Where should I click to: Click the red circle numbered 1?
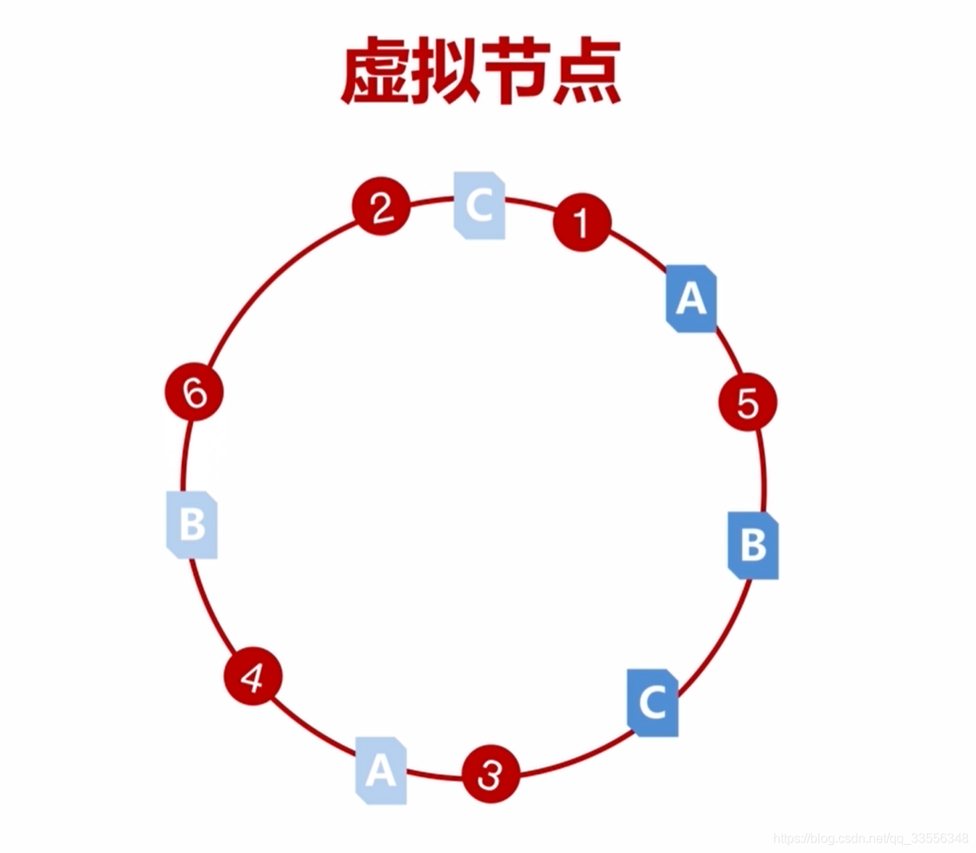tap(582, 222)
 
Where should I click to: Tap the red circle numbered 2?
tap(381, 207)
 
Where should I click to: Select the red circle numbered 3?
tap(490, 774)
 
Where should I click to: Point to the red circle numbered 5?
tap(748, 402)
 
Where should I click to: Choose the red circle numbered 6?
tap(194, 392)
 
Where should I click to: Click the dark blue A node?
tap(691, 298)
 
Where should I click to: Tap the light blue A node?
tap(381, 770)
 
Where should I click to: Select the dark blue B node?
tap(753, 545)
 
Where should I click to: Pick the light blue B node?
tap(192, 525)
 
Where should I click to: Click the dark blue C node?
tap(652, 703)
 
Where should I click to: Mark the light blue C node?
tap(479, 205)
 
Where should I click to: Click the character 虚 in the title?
tap(374, 72)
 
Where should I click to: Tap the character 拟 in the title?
tap(446, 72)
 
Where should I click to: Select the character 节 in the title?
tap(515, 72)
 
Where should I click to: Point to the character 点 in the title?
tap(586, 72)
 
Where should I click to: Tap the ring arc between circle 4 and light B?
tap(210, 610)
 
